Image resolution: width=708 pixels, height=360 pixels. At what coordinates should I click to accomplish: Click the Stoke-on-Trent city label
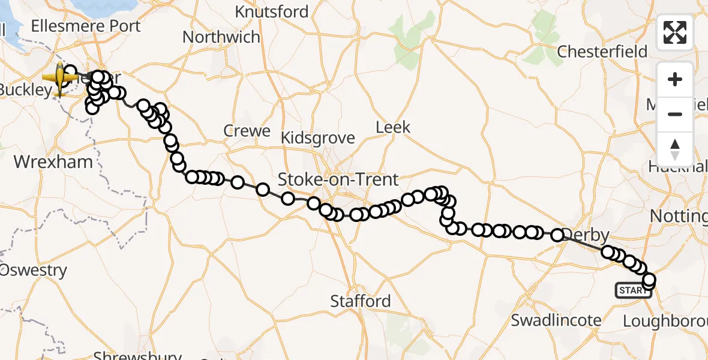pyautogui.click(x=338, y=179)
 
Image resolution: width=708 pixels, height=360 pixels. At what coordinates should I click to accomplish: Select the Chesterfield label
pyautogui.click(x=602, y=52)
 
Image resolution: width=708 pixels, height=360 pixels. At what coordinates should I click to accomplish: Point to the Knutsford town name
pyautogui.click(x=272, y=11)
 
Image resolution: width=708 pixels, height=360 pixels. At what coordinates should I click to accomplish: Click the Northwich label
pyautogui.click(x=221, y=37)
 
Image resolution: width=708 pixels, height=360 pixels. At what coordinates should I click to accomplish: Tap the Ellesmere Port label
pyautogui.click(x=85, y=26)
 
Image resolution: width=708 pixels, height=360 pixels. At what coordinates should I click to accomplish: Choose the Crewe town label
pyautogui.click(x=247, y=131)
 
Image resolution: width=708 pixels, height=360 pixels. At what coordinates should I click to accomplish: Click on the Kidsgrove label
pyautogui.click(x=318, y=138)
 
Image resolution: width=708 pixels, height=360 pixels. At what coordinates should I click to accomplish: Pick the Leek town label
pyautogui.click(x=393, y=127)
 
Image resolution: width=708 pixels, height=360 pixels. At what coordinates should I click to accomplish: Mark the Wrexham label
pyautogui.click(x=53, y=162)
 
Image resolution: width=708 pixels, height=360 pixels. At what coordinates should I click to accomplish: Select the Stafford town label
pyautogui.click(x=361, y=301)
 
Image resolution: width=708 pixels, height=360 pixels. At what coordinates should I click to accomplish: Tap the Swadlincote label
pyautogui.click(x=556, y=320)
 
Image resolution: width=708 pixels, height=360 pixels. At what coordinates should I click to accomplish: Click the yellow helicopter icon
pyautogui.click(x=60, y=78)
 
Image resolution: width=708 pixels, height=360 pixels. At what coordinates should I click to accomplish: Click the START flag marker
pyautogui.click(x=633, y=291)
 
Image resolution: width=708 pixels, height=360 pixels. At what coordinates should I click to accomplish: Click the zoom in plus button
pyautogui.click(x=675, y=80)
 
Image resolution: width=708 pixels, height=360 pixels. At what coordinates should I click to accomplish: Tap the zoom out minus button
pyautogui.click(x=675, y=115)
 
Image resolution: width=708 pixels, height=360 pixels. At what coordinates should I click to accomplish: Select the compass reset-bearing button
pyautogui.click(x=675, y=149)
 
